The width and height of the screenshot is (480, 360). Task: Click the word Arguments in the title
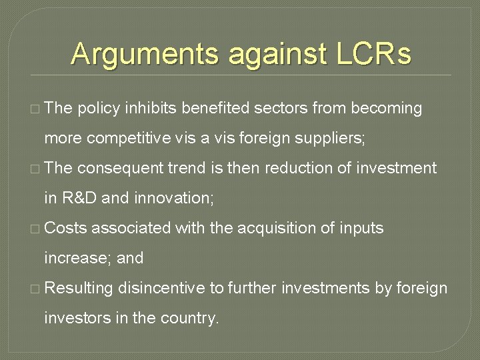point(146,54)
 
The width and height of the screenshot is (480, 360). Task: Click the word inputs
point(361,229)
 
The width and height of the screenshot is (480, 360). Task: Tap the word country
point(189,319)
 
